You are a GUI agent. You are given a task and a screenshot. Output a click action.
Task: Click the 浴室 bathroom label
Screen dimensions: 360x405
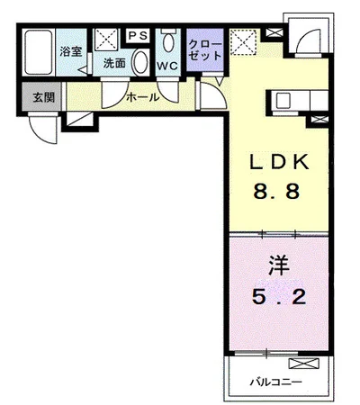tap(71, 51)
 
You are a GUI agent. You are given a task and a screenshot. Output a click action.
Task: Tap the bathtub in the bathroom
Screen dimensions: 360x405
tap(38, 52)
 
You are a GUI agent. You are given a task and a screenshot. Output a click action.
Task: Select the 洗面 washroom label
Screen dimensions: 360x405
tap(114, 63)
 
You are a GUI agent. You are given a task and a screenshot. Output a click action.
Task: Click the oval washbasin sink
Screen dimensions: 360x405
tap(140, 62)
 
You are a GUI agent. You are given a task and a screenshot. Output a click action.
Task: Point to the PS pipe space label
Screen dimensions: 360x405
tap(139, 36)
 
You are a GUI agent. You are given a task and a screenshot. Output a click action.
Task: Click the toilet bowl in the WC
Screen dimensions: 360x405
tap(168, 41)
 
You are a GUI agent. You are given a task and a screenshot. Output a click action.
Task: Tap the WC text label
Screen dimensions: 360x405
tap(167, 66)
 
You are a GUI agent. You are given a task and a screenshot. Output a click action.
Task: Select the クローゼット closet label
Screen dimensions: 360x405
tap(205, 50)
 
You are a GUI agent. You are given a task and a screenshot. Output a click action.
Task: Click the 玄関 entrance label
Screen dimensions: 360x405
tap(44, 97)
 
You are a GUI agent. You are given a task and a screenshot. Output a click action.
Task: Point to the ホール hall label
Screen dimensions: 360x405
tap(142, 97)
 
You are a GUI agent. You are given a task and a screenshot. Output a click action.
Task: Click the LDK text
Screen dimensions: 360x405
tap(279, 162)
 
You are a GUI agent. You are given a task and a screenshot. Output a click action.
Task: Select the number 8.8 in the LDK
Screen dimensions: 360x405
tap(276, 191)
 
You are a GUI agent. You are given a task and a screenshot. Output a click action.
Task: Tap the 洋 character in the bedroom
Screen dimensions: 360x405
tap(279, 265)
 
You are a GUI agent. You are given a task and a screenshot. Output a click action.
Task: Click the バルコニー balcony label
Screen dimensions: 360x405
tap(276, 382)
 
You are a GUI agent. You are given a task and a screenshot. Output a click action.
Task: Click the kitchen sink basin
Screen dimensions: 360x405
tap(283, 100)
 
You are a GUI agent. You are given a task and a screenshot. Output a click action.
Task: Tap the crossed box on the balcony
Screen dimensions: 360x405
tap(303, 364)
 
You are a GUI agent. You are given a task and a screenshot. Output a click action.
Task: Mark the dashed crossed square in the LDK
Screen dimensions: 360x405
tap(243, 42)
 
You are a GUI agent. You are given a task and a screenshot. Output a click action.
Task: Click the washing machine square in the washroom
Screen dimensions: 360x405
tap(107, 40)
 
